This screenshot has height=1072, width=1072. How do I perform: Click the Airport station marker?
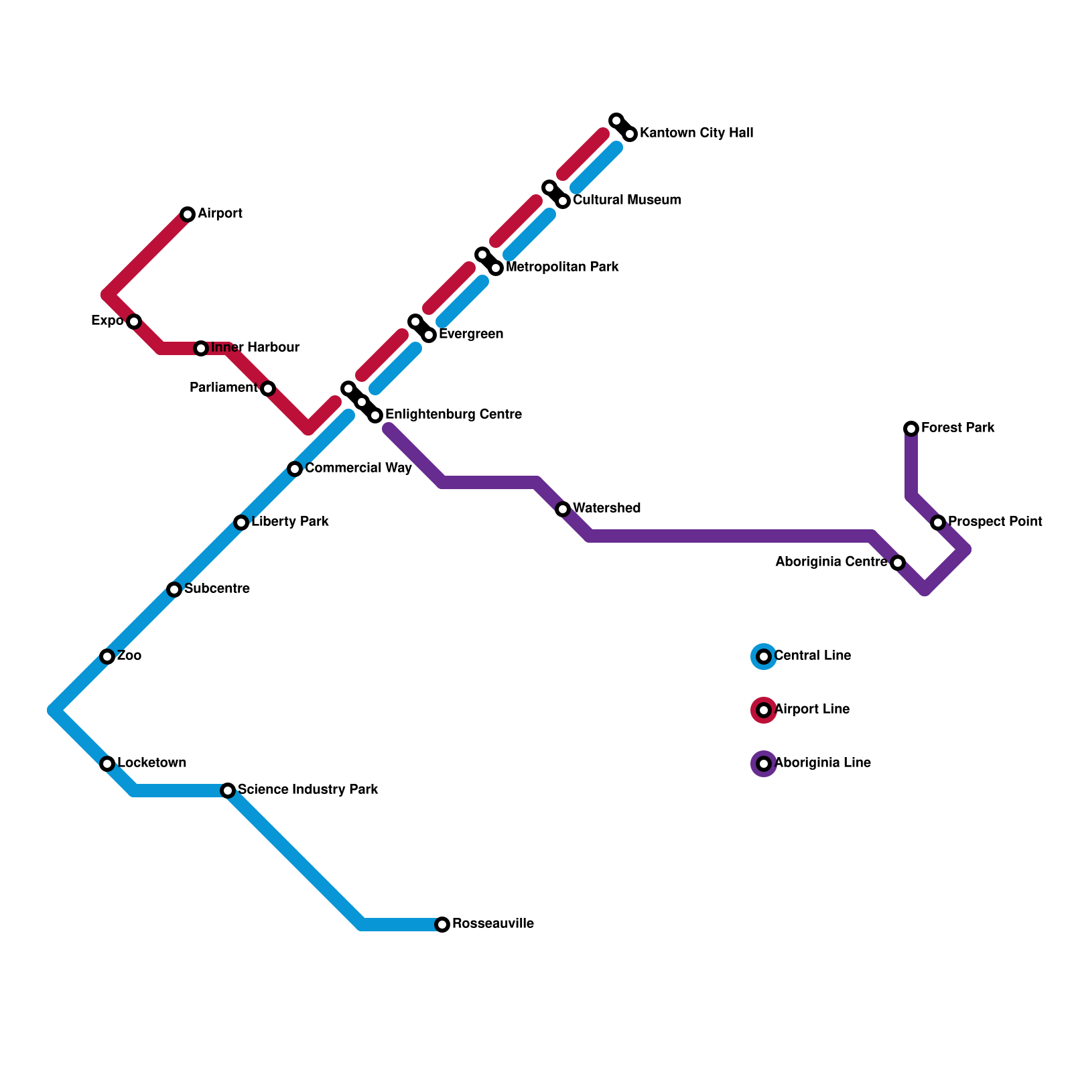[188, 214]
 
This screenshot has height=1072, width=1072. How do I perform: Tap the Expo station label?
[107, 321]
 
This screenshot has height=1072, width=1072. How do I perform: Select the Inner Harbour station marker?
[201, 348]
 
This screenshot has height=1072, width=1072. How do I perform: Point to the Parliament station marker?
[268, 389]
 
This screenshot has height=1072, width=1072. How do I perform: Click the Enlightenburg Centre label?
[453, 415]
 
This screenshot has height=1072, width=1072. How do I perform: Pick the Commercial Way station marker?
[295, 469]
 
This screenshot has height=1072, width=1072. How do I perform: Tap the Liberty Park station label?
[289, 522]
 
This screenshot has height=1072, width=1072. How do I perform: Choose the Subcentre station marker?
[174, 590]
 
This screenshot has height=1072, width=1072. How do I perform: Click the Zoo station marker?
[107, 657]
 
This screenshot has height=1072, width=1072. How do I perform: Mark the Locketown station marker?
[107, 764]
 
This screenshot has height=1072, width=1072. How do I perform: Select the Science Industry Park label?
[308, 790]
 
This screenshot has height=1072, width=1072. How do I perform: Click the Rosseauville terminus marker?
[442, 925]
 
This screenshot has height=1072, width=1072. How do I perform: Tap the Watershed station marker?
[563, 509]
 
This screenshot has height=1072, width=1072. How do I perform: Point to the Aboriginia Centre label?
[831, 562]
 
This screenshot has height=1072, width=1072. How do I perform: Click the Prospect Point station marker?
[938, 523]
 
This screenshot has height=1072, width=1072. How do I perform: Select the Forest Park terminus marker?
[911, 429]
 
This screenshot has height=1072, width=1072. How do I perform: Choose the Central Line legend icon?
[764, 657]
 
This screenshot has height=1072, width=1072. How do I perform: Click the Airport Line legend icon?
[764, 710]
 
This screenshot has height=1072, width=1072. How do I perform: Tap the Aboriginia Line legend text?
[822, 763]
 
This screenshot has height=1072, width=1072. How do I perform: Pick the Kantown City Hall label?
[696, 133]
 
